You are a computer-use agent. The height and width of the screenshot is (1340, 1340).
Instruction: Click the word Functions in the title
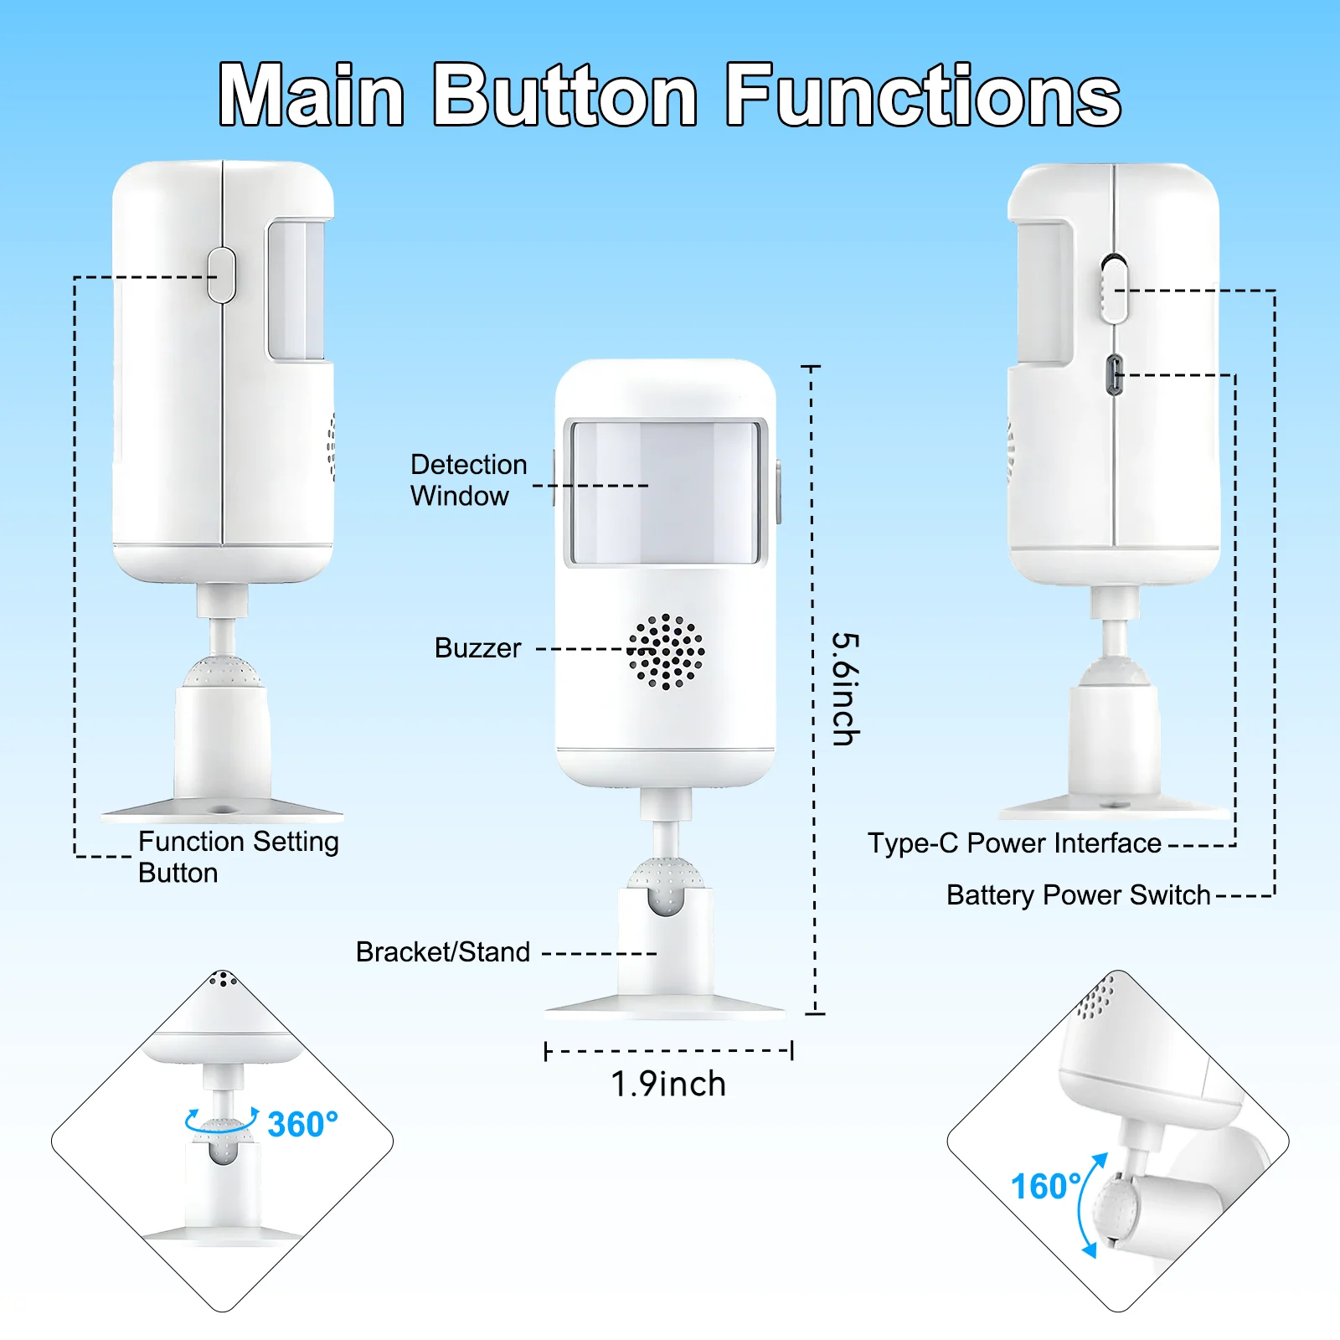(x=923, y=95)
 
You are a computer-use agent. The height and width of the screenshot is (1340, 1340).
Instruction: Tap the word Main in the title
(x=312, y=95)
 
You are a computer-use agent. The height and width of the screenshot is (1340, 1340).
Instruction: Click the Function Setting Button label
(x=239, y=857)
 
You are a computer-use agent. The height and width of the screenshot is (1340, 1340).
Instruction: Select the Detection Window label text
(x=469, y=480)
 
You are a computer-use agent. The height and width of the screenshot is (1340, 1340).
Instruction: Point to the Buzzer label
(x=477, y=648)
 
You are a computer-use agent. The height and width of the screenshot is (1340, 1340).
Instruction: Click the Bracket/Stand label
(x=443, y=952)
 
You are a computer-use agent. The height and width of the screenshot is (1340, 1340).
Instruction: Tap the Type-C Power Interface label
(x=1014, y=843)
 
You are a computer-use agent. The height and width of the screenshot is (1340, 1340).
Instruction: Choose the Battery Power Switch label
(x=1079, y=895)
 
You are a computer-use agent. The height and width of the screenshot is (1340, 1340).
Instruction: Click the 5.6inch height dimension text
(x=845, y=688)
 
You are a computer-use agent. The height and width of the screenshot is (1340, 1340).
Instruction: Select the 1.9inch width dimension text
(x=668, y=1084)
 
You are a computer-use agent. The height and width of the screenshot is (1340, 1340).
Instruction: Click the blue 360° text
(x=302, y=1124)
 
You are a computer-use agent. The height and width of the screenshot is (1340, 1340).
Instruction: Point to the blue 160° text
(x=1046, y=1186)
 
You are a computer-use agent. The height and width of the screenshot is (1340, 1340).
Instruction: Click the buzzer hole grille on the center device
(x=666, y=652)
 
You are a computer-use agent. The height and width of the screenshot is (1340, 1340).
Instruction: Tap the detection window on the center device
(x=666, y=492)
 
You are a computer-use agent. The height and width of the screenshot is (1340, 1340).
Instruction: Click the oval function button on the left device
(x=222, y=275)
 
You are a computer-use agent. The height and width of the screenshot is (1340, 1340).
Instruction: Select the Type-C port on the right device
(x=1115, y=374)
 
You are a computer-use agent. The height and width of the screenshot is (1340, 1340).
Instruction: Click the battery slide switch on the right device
(x=1114, y=289)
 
